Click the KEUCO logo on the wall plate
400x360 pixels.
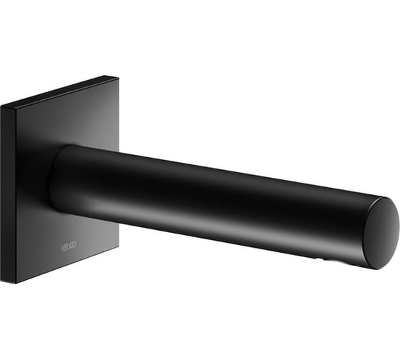pos(69,246)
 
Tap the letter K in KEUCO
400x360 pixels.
pos(63,248)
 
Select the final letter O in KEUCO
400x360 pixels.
pos(74,244)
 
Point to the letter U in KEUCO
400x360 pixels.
pos(69,246)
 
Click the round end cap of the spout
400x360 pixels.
pos(381,233)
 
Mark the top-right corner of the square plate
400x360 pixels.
pos(119,78)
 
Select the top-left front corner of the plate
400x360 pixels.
pos(16,111)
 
